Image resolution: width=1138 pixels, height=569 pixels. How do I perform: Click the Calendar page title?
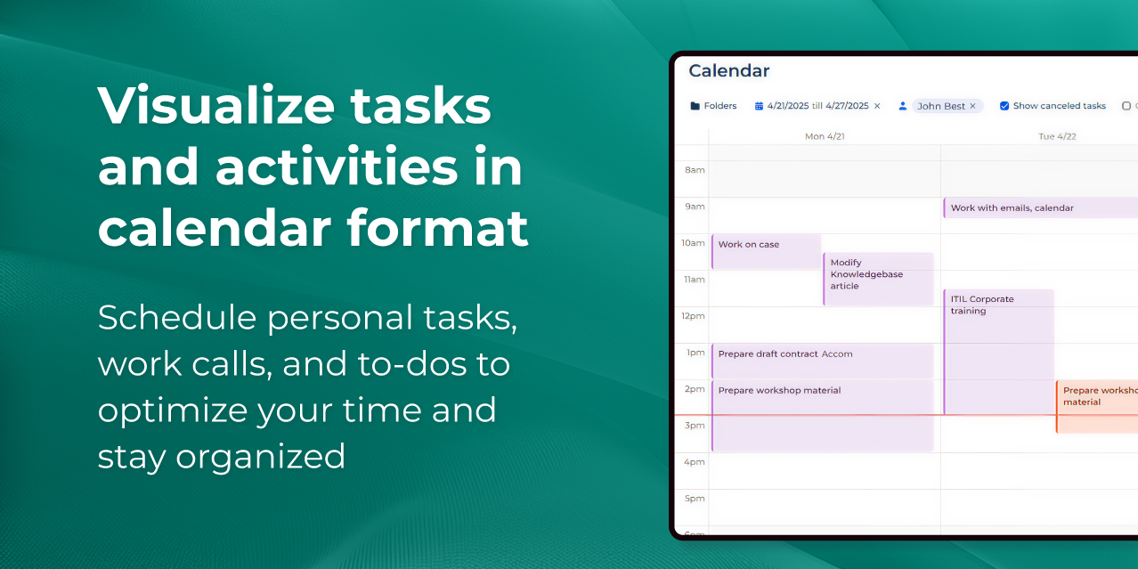[x=728, y=70]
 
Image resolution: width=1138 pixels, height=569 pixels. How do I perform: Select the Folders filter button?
[x=713, y=106]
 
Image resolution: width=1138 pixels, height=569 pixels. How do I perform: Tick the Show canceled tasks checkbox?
[x=1004, y=106]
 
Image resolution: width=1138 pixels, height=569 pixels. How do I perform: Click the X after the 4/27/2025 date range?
[x=877, y=106]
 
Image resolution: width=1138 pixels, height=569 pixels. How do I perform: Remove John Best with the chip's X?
[x=972, y=106]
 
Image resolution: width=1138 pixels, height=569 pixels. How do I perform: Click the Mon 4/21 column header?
[x=825, y=136]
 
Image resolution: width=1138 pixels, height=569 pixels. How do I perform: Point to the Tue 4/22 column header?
[x=1057, y=136]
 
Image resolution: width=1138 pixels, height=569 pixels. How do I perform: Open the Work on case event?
[x=766, y=251]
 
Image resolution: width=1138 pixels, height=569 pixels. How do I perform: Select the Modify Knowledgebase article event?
[x=878, y=279]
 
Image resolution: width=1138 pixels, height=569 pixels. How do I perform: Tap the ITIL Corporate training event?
[x=998, y=352]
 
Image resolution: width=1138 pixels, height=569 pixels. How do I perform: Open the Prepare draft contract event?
[x=822, y=361]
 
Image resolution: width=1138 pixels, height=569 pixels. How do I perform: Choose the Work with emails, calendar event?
[x=1040, y=207]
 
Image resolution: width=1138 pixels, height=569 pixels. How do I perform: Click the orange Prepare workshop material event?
[x=1097, y=406]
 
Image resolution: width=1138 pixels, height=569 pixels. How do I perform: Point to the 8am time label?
[x=695, y=170]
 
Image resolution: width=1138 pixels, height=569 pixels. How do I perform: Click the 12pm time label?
[x=693, y=316]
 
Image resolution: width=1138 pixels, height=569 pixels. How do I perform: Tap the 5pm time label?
[x=695, y=499]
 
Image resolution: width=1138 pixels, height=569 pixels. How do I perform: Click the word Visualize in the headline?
[x=215, y=106]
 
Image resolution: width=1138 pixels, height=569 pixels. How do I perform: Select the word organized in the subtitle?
[x=260, y=457]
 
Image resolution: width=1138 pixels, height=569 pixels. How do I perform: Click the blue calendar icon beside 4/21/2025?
[x=759, y=106]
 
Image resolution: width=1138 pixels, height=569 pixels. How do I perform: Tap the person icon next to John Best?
[x=902, y=106]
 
